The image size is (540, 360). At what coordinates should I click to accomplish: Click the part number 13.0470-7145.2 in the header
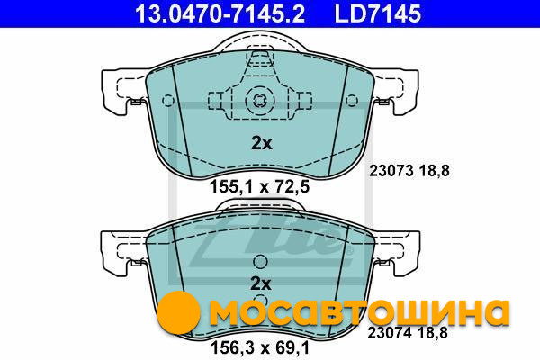point(220,13)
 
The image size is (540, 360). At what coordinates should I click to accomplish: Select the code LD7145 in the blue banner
point(378,13)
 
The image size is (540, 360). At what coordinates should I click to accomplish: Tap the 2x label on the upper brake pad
point(262,143)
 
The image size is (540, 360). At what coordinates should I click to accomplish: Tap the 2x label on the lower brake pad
point(261,283)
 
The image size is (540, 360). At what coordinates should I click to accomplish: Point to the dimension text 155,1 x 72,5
point(260,187)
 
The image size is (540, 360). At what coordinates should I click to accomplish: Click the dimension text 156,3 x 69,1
point(260,348)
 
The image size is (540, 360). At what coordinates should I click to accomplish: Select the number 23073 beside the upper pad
point(391,170)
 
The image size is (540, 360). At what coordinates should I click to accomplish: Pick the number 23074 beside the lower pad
point(390,333)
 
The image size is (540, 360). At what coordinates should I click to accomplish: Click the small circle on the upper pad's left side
point(168,101)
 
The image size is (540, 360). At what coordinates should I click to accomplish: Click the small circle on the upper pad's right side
point(352,101)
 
